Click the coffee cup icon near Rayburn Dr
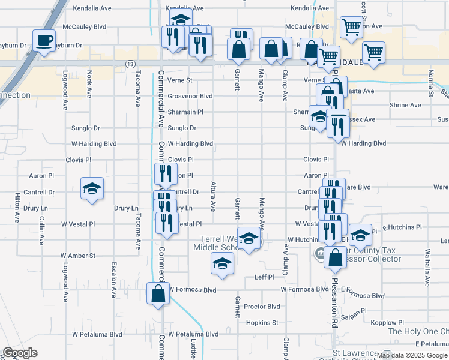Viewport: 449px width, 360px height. point(44,41)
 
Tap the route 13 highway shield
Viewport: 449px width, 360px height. point(130,64)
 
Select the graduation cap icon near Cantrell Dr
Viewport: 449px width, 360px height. point(92,188)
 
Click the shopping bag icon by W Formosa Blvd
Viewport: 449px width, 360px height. point(158,294)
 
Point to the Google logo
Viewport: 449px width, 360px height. point(20,353)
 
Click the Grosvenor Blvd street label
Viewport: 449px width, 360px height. point(190,96)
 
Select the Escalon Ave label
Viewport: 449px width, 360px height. point(113,280)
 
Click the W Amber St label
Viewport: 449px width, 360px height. point(78,256)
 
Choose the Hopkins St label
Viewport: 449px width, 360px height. point(262,322)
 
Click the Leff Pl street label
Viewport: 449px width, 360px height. point(264,277)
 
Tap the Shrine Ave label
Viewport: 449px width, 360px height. point(405,105)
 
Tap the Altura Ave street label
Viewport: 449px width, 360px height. point(212,197)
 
